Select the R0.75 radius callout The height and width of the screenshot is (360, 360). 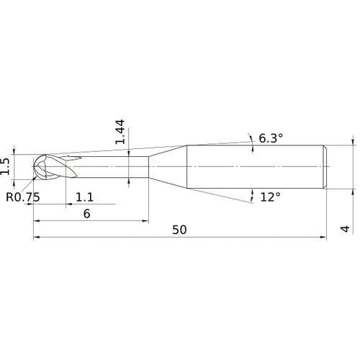(22, 197)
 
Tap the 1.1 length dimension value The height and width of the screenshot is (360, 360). (85, 197)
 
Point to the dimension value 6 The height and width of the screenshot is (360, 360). (86, 214)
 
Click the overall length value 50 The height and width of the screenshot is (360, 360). (179, 230)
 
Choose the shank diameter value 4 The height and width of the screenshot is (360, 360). (345, 229)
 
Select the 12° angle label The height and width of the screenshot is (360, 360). (270, 196)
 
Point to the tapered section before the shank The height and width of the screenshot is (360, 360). (167, 167)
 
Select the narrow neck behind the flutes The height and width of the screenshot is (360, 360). (115, 167)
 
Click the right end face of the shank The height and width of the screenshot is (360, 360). (328, 167)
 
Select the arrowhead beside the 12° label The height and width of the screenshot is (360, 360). (253, 193)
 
